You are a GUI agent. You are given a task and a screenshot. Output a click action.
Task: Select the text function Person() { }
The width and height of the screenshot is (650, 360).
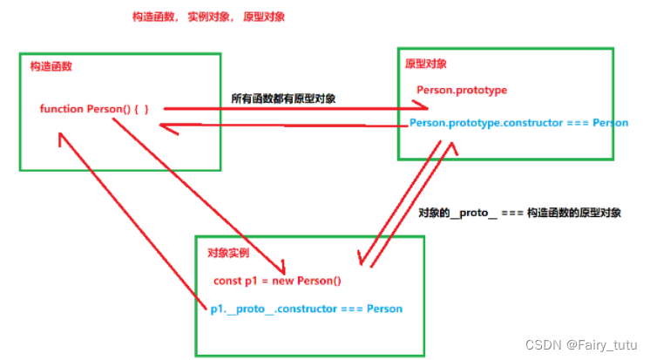pos(94,109)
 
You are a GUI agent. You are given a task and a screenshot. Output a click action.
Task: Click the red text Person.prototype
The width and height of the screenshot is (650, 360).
pos(461,90)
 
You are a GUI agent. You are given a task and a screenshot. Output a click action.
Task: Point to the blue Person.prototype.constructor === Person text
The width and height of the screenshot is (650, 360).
pos(518,123)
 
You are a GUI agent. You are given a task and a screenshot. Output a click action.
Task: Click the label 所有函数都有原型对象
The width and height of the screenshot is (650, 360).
pos(284,97)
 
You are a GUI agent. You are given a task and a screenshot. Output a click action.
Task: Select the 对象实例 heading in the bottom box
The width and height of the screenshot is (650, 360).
pos(228,253)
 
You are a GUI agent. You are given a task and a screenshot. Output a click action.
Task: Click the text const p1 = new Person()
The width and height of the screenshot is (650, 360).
pos(277,282)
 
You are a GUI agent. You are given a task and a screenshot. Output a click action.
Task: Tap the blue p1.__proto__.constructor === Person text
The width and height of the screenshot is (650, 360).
pos(306,309)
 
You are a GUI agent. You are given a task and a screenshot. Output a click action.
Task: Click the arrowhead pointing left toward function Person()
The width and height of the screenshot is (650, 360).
pos(165,127)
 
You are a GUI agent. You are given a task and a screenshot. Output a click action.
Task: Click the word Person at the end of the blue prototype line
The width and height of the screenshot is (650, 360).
pos(610,123)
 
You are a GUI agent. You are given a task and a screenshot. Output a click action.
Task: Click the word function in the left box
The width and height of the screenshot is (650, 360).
pos(61,109)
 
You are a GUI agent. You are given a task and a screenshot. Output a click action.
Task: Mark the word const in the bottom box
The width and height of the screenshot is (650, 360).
pos(228,282)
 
